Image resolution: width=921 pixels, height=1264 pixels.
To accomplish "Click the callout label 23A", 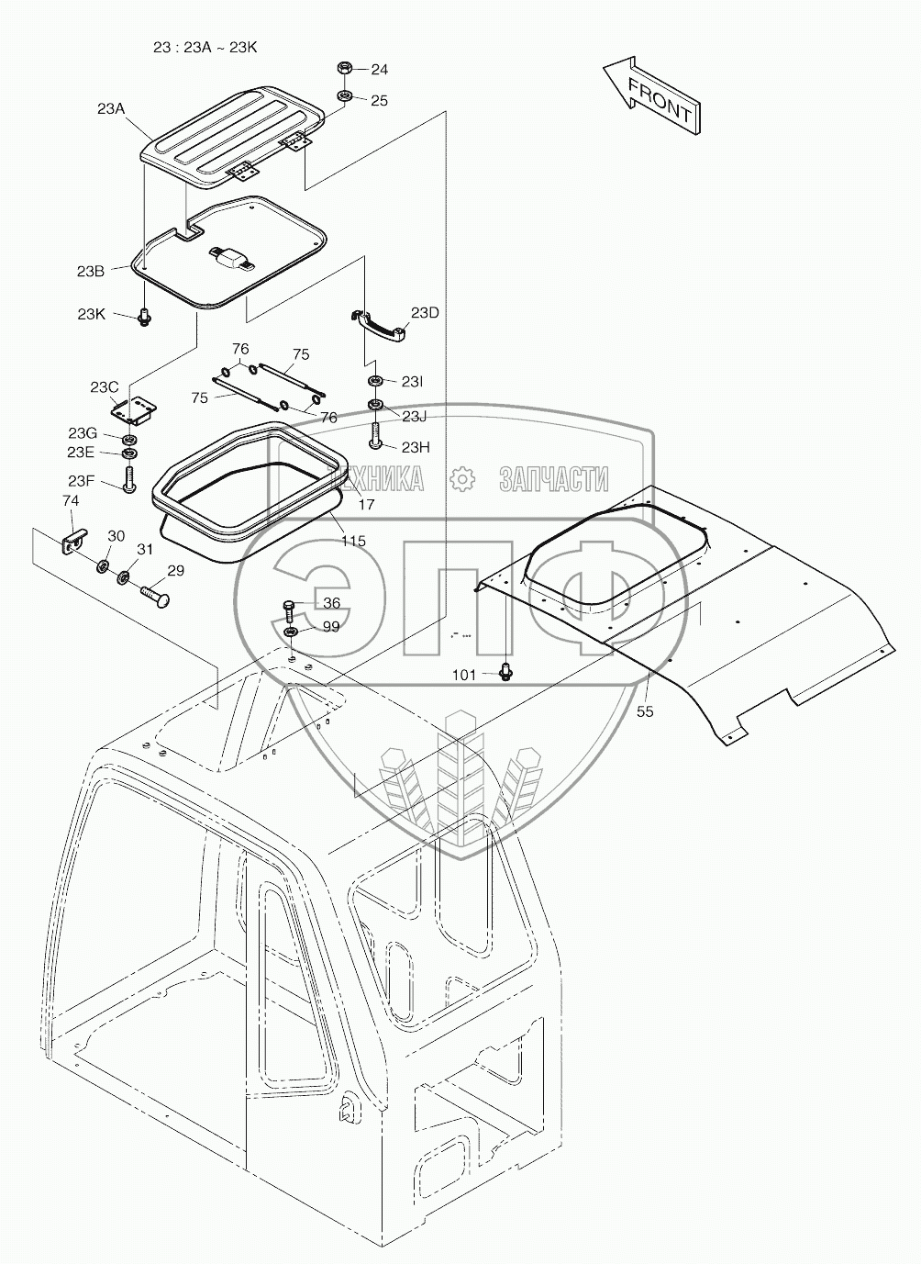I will [110, 108].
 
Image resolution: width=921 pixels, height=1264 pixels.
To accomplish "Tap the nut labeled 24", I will [346, 69].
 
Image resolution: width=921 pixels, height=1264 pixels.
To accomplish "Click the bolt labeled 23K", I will [144, 317].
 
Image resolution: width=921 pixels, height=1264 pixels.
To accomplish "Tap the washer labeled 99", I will [290, 632].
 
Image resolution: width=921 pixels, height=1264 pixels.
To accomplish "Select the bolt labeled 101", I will [504, 673].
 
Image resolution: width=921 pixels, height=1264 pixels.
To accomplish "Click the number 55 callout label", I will [645, 710].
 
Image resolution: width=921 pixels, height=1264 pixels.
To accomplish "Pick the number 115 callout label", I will [353, 541].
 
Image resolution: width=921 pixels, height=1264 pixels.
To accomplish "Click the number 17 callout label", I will [366, 505].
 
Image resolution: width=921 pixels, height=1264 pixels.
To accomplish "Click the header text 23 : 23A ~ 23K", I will [205, 46].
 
